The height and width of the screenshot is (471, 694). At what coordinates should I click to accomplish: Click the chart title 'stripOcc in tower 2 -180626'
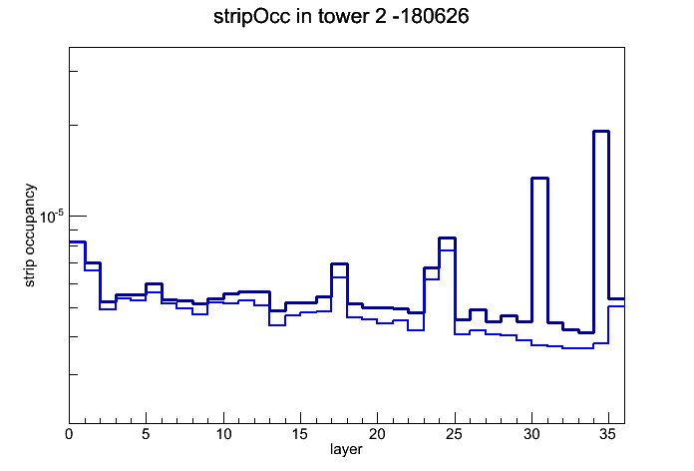[x=341, y=17]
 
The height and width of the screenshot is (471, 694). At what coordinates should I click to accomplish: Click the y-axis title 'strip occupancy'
[x=29, y=235]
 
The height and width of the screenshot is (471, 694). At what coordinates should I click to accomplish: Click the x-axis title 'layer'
[x=346, y=449]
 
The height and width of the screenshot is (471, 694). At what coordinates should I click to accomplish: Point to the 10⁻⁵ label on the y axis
[x=52, y=217]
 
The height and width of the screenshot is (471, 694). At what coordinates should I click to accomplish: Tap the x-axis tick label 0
[x=69, y=435]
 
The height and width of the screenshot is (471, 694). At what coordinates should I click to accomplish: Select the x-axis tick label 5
[x=146, y=435]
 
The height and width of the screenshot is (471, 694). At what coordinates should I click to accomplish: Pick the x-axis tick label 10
[x=223, y=435]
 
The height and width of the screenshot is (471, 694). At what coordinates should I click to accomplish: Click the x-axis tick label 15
[x=300, y=435]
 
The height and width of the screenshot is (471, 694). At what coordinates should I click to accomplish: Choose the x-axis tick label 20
[x=377, y=435]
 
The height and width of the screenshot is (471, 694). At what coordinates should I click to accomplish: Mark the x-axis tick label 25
[x=454, y=435]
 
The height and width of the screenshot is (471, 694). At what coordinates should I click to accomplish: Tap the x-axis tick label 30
[x=531, y=435]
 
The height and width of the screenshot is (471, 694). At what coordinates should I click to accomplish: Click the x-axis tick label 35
[x=608, y=435]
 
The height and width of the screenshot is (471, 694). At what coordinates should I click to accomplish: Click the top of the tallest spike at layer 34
[x=601, y=131]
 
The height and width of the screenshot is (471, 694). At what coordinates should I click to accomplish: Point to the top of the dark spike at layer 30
[x=539, y=178]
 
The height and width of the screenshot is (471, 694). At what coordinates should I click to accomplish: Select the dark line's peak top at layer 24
[x=447, y=238]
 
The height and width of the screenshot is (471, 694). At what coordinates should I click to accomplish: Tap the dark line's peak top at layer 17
[x=339, y=264]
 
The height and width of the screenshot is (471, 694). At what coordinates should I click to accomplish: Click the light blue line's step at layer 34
[x=601, y=343]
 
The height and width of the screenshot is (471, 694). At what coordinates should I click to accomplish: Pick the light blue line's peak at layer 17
[x=339, y=277]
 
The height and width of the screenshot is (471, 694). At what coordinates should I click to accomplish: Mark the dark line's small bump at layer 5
[x=154, y=283]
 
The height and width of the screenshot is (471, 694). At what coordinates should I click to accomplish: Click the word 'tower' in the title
[x=341, y=17]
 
